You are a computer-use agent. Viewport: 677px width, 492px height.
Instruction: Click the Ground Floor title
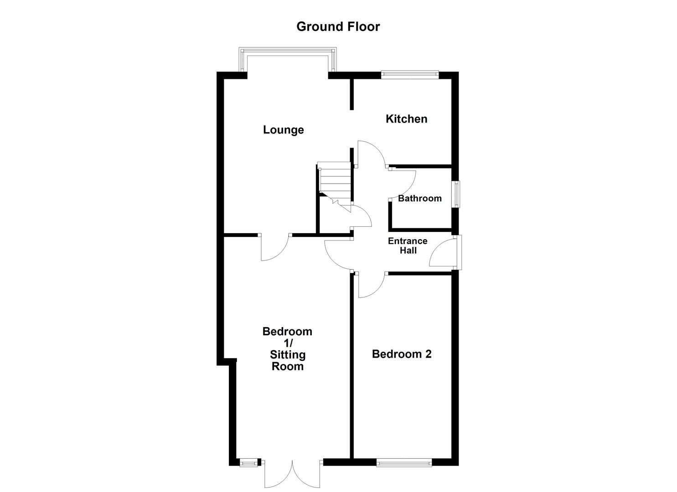tap(338, 26)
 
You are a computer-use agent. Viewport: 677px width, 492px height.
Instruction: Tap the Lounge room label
tap(283, 130)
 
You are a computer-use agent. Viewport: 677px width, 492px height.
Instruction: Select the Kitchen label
tap(406, 119)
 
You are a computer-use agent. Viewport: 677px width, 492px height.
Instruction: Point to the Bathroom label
tap(419, 198)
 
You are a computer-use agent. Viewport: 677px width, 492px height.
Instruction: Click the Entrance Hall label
tap(408, 246)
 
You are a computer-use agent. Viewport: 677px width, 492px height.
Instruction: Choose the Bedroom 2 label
tap(402, 354)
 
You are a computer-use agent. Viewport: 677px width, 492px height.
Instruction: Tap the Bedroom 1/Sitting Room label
tap(287, 348)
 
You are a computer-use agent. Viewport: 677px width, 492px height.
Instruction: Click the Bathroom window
tap(456, 195)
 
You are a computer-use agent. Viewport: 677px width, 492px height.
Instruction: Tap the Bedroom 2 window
tap(404, 463)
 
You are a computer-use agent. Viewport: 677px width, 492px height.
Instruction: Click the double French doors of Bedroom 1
tap(292, 474)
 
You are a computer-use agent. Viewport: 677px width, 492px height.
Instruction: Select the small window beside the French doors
tap(248, 463)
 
